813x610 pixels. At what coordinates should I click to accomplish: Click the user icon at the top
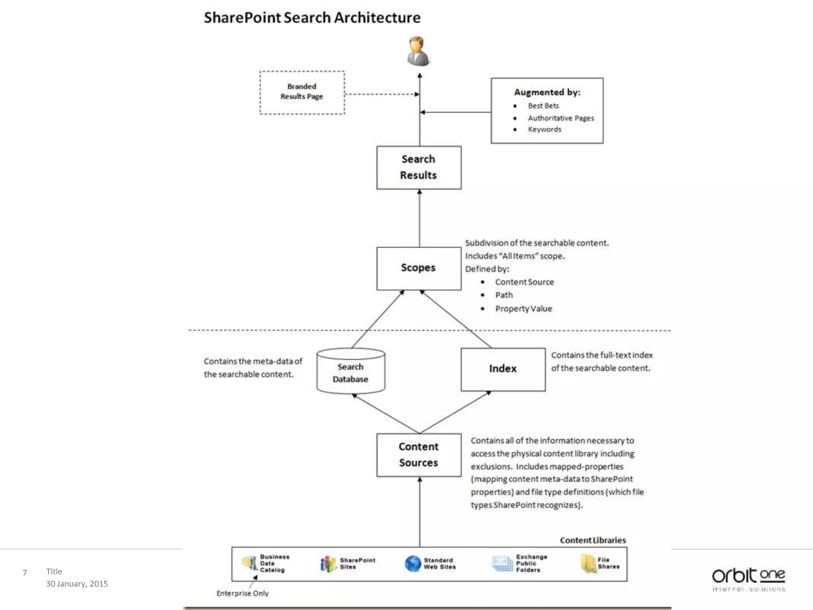(418, 51)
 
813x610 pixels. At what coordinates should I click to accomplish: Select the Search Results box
(419, 168)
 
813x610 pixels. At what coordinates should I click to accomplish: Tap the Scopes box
(419, 268)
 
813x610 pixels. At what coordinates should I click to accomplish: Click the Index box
(503, 369)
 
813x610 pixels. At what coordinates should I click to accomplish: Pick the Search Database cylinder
(351, 372)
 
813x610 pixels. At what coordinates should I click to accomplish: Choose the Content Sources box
(419, 455)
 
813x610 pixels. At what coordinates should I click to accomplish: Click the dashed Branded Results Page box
(302, 93)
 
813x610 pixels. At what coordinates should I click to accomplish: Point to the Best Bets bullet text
(543, 106)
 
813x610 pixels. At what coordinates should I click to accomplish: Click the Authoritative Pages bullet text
(561, 118)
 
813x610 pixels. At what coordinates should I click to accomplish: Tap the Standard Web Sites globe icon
(413, 564)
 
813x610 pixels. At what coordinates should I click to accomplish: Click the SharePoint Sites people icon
(328, 564)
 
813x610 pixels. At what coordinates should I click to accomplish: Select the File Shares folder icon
(588, 564)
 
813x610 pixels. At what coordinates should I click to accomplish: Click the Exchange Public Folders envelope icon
(502, 564)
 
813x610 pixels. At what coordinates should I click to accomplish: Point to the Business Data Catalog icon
(250, 563)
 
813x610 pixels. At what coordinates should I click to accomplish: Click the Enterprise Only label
(243, 593)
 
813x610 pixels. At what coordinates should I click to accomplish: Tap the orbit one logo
(748, 578)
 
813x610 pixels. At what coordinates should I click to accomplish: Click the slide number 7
(25, 572)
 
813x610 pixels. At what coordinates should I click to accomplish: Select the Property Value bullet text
(523, 309)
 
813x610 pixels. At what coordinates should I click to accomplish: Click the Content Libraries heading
(593, 540)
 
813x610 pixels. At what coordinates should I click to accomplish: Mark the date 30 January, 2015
(77, 583)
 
